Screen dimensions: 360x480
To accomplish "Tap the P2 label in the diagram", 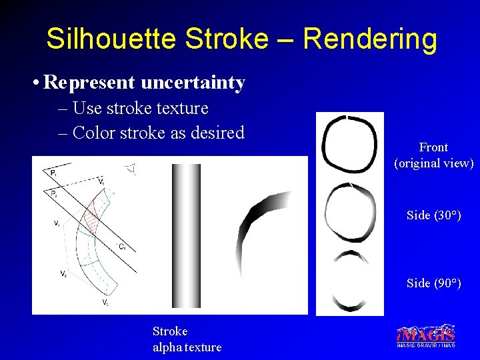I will [53, 193].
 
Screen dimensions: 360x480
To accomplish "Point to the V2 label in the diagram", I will [62, 273].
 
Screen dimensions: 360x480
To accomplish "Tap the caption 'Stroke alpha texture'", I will [186, 339].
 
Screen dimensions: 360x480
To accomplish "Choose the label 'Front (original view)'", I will [433, 155].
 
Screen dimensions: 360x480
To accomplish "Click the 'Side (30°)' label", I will [433, 215].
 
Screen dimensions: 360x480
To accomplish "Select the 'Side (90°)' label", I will [433, 283].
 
